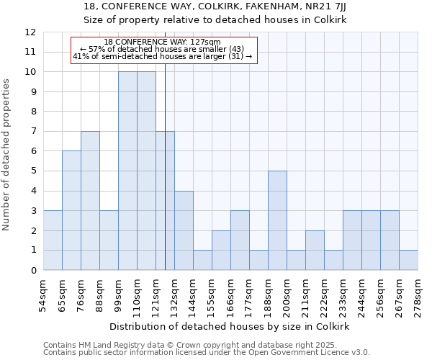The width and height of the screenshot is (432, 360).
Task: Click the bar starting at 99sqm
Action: pos(127,171)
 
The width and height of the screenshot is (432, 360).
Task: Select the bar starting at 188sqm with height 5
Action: pos(277,220)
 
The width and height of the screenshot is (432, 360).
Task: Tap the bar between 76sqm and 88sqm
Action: pos(90,201)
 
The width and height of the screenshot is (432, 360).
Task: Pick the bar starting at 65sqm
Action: pos(71,210)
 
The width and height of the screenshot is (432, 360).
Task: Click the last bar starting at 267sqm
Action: pos(408,260)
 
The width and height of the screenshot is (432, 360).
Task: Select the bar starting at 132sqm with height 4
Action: pos(184,230)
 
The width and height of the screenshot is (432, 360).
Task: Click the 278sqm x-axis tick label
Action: pos(418,293)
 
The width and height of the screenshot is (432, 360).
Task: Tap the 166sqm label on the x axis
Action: pos(230,293)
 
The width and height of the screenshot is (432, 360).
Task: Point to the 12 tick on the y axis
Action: pos(30,32)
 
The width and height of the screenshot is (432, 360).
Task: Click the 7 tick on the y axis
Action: pos(33,132)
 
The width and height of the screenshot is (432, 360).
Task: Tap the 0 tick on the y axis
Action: pos(33,271)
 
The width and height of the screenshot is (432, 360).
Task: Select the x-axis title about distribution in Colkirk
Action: pos(230,326)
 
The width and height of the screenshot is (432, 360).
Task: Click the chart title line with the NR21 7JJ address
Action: pos(215,6)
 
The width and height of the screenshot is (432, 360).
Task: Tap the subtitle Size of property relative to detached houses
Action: pos(215,20)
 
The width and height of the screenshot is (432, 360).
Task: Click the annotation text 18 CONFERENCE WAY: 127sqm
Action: pos(162,42)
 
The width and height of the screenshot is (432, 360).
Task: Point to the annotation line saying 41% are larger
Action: pos(163,56)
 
